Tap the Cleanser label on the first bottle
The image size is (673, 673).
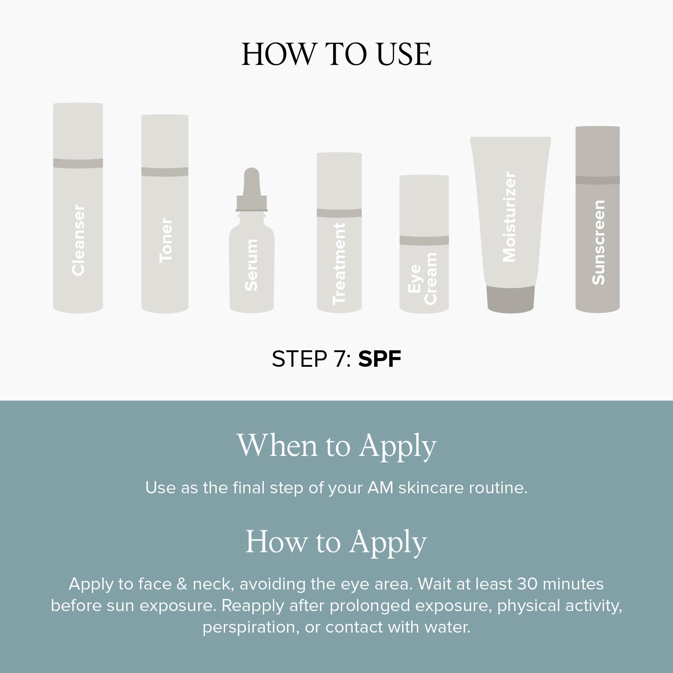click(x=78, y=240)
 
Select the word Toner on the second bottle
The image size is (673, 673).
click(x=166, y=240)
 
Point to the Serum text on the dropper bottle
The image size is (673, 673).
click(x=251, y=265)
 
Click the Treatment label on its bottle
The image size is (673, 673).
click(x=339, y=264)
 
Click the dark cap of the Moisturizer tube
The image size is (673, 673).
click(x=511, y=299)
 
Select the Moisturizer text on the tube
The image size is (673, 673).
click(x=509, y=217)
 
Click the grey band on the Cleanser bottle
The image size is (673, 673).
click(x=78, y=163)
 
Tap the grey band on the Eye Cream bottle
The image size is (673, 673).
click(x=424, y=240)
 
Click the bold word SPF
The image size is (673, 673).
click(x=379, y=359)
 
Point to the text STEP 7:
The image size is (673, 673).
click(x=311, y=359)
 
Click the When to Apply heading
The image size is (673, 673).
click(x=336, y=446)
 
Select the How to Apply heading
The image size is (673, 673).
click(x=336, y=542)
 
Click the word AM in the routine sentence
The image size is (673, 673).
click(x=380, y=488)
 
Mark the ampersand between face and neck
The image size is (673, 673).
click(x=182, y=584)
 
